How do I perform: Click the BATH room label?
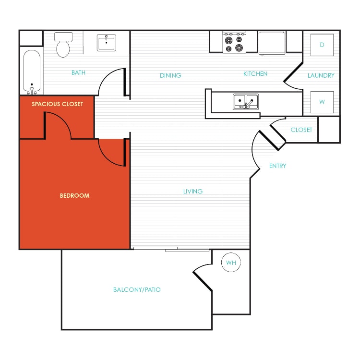(x=78, y=73)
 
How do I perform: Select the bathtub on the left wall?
(x=32, y=72)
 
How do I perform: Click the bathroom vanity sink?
(x=106, y=43)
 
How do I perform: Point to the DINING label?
(x=170, y=75)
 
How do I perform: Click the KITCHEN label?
(x=255, y=74)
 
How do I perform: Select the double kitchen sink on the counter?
(x=245, y=101)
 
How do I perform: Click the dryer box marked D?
(x=322, y=45)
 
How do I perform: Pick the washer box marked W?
(x=322, y=102)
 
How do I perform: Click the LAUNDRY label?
(x=321, y=75)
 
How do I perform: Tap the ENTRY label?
(x=277, y=166)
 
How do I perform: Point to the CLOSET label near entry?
(x=301, y=130)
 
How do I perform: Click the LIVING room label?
(x=193, y=192)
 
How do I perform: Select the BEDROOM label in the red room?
(x=74, y=196)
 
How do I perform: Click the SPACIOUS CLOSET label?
(x=57, y=104)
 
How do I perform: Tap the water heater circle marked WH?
(x=231, y=263)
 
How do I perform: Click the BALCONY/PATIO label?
(x=137, y=290)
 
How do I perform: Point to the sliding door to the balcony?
(x=171, y=249)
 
